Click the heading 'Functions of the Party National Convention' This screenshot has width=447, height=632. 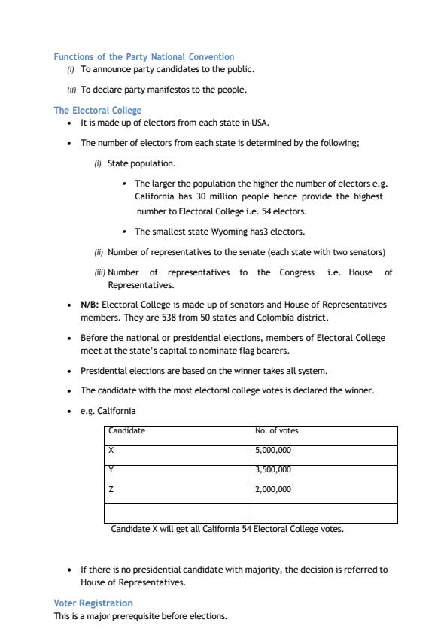tap(144, 57)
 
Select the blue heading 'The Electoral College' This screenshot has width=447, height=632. tap(97, 111)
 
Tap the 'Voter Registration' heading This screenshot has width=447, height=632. tap(93, 603)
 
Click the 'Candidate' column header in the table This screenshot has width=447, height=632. tap(126, 431)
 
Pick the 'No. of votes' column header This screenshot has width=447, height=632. tap(277, 431)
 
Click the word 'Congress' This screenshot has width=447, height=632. tap(296, 272)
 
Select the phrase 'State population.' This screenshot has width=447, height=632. tap(141, 163)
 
